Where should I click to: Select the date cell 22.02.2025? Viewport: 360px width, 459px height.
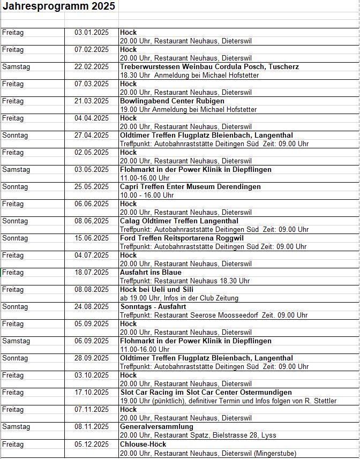click(91, 66)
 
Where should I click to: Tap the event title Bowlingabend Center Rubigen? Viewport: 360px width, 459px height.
click(172, 101)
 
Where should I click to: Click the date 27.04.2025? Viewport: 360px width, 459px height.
click(91, 135)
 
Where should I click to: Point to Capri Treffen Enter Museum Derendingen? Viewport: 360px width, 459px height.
click(190, 186)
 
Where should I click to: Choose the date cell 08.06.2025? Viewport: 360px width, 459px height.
click(91, 221)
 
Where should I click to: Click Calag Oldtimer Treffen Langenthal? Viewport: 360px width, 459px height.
click(179, 221)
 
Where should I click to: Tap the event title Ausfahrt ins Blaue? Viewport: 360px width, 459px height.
click(151, 272)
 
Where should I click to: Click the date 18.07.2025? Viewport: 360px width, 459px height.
click(91, 272)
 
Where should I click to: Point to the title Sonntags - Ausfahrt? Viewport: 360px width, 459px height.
click(153, 306)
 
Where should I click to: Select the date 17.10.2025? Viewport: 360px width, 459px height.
click(91, 392)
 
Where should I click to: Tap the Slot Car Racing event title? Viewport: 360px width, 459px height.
click(206, 392)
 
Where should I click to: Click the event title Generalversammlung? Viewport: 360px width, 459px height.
click(156, 426)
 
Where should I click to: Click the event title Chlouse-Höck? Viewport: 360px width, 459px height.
click(143, 444)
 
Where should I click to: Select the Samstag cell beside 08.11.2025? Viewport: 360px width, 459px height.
click(16, 426)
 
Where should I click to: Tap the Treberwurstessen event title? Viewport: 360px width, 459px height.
click(209, 66)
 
